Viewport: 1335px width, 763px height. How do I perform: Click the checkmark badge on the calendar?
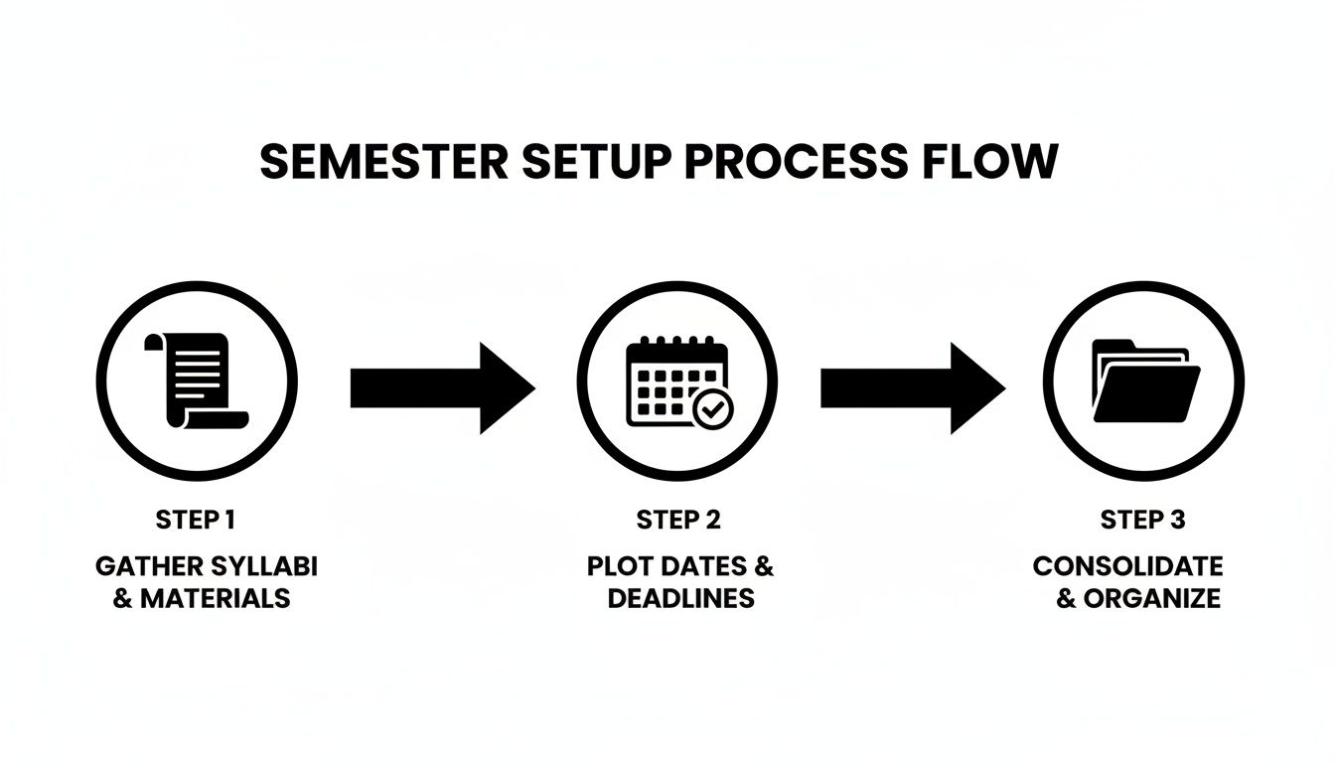pyautogui.click(x=712, y=407)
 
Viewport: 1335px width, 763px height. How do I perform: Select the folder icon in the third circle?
pyautogui.click(x=1144, y=381)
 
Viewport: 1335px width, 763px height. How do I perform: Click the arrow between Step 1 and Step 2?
pyautogui.click(x=442, y=387)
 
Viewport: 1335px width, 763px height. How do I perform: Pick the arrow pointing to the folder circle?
pyautogui.click(x=912, y=387)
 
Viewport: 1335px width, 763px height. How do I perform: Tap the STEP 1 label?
pyautogui.click(x=197, y=519)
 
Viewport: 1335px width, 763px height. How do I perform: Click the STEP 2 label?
pyautogui.click(x=678, y=519)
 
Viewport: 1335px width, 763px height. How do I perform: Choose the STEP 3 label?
pyautogui.click(x=1142, y=519)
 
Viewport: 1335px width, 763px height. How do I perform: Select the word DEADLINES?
pyautogui.click(x=680, y=598)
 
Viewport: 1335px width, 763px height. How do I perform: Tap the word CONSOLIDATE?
pyautogui.click(x=1127, y=566)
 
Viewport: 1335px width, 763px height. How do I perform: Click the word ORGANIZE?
pyautogui.click(x=1151, y=598)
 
